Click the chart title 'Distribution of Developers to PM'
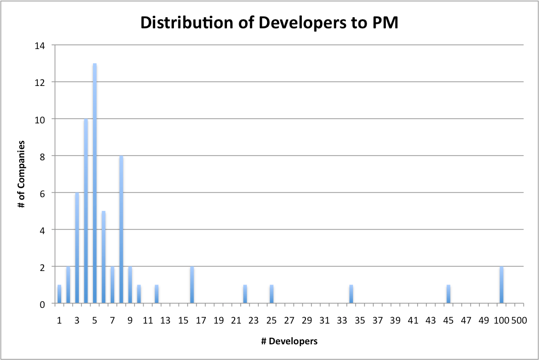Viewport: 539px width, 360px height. (269, 23)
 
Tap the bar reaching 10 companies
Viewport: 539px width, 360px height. (86, 211)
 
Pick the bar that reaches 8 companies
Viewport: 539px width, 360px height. (121, 230)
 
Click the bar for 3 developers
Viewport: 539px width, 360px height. (77, 248)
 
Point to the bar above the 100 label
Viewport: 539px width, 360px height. (502, 285)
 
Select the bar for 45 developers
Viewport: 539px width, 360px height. (448, 294)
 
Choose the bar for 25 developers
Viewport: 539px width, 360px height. (272, 294)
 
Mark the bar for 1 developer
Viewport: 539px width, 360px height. (59, 294)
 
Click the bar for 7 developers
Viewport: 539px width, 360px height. (112, 285)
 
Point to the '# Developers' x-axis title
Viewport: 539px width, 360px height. (289, 341)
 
